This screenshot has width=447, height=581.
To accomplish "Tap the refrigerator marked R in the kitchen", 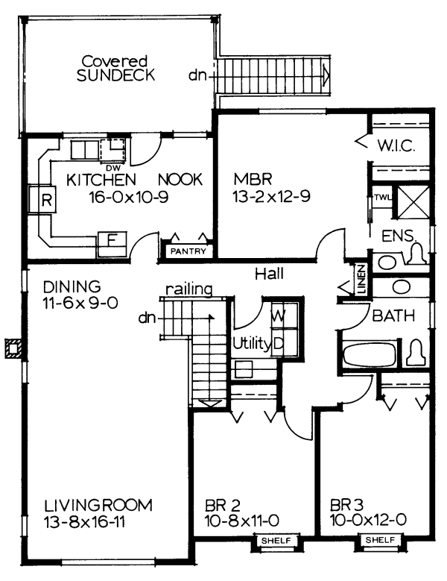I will (44, 200).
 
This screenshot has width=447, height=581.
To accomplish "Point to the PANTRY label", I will (188, 251).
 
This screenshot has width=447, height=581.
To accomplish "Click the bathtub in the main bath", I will (369, 354).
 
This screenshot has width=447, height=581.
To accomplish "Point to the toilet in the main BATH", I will (415, 352).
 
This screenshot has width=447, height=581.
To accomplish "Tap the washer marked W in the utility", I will (277, 315).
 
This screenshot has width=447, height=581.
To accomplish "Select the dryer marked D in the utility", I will (278, 343).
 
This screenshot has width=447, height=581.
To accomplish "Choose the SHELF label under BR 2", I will (279, 541).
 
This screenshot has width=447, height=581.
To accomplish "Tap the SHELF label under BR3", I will (380, 541).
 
